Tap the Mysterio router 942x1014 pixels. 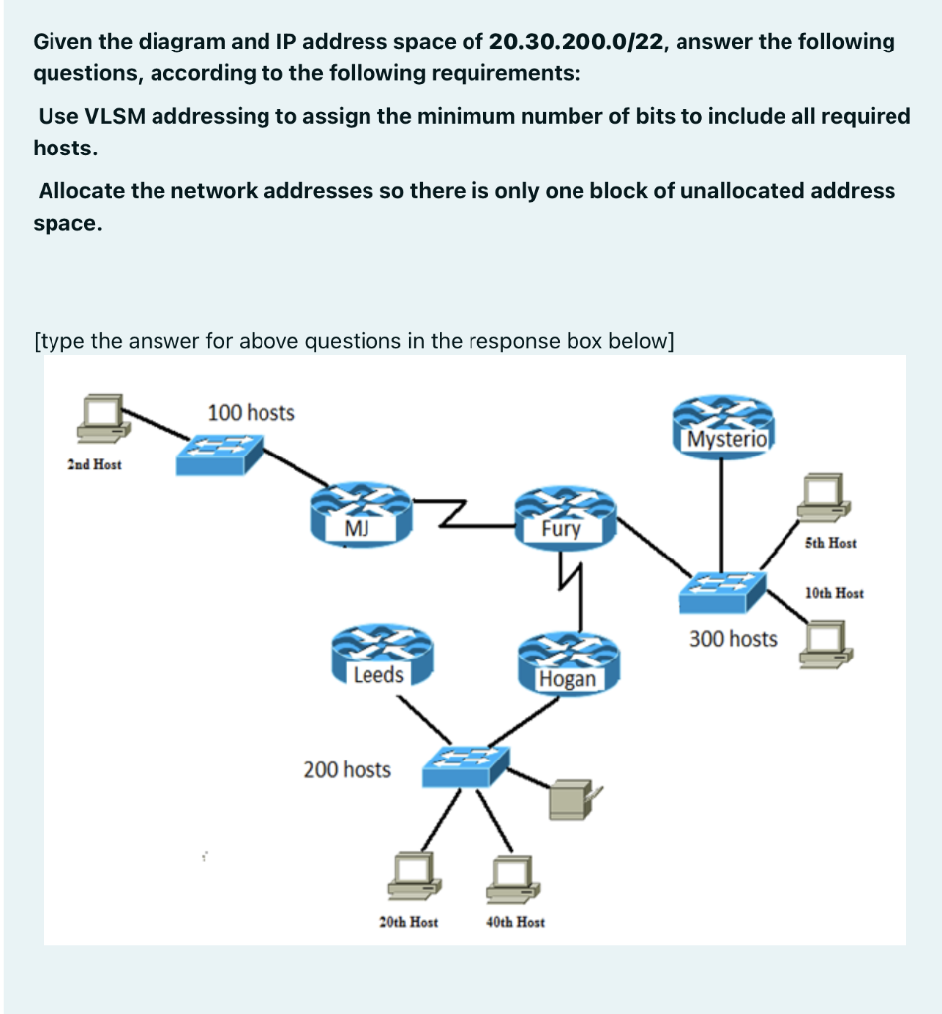point(721,424)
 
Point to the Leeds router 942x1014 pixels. point(377,659)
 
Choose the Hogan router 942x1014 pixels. point(568,662)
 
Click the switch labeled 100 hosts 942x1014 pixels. point(219,453)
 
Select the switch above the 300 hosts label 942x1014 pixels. point(722,592)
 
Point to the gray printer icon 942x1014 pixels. point(572,798)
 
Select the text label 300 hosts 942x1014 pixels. point(733,639)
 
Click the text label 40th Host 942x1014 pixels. point(515,922)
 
